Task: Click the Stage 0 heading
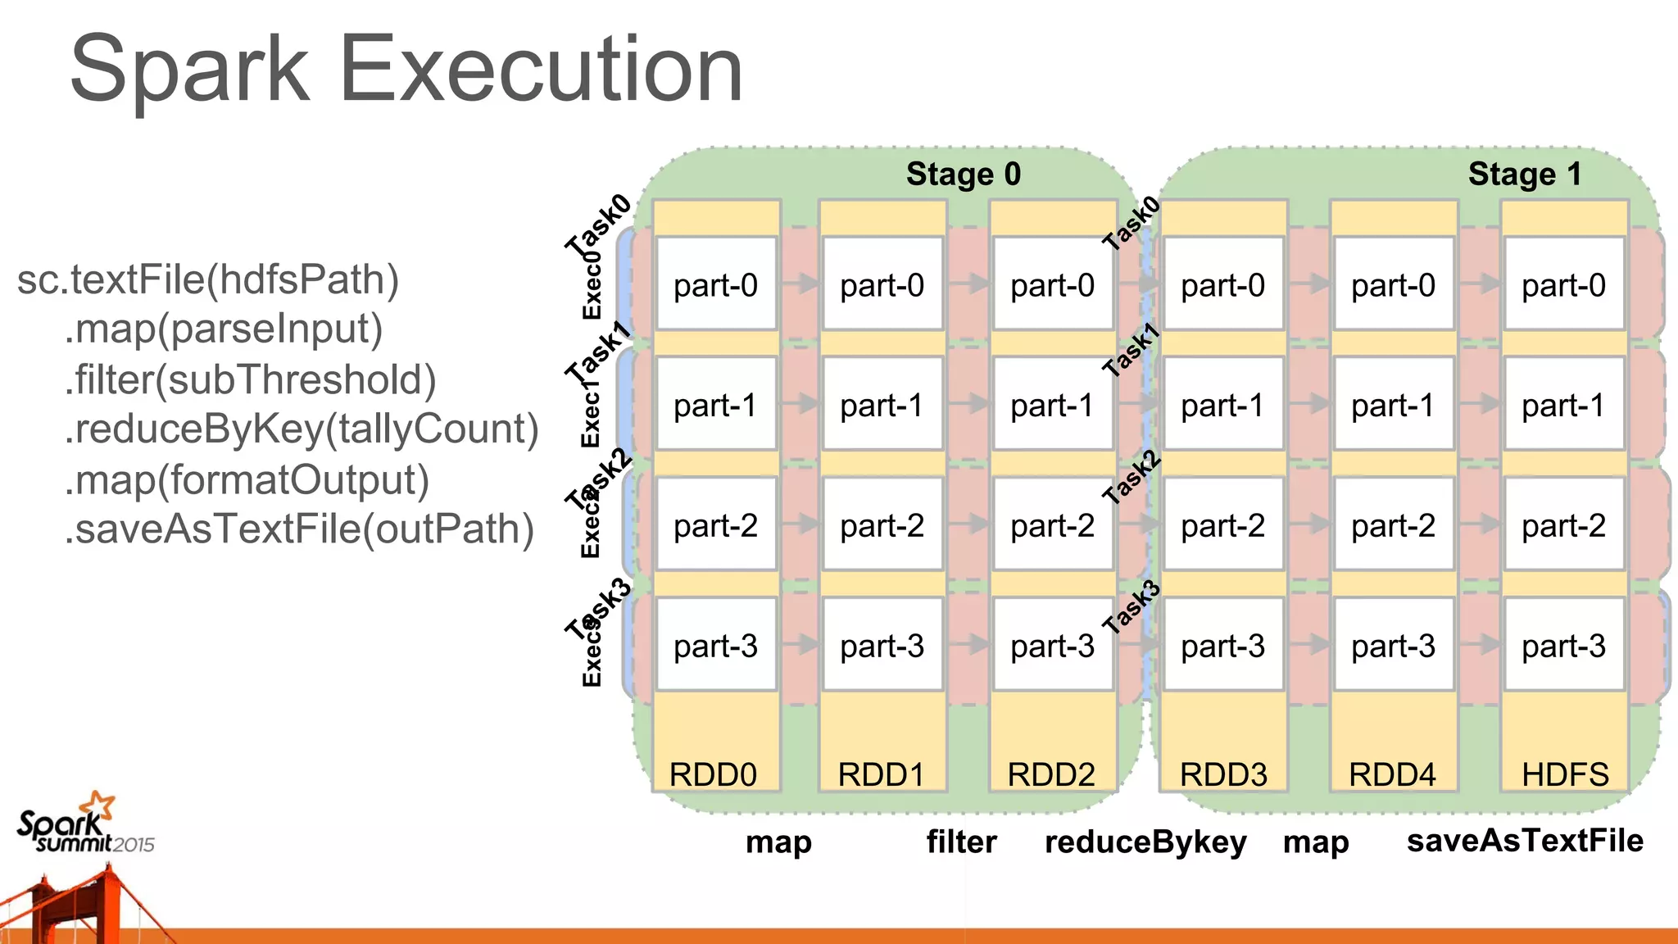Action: pyautogui.click(x=963, y=174)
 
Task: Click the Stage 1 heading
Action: pyautogui.click(x=1524, y=174)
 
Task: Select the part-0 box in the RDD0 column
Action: pyautogui.click(x=715, y=284)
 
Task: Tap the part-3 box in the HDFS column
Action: pyautogui.click(x=1563, y=646)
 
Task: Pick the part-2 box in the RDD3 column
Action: pyautogui.click(x=1222, y=525)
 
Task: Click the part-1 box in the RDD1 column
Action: pyautogui.click(x=882, y=405)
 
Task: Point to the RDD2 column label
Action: pyautogui.click(x=1051, y=774)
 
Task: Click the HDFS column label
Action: pyautogui.click(x=1565, y=774)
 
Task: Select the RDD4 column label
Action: pyautogui.click(x=1392, y=774)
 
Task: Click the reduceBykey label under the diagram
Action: pyautogui.click(x=1145, y=842)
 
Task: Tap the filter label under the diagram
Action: pyautogui.click(x=961, y=842)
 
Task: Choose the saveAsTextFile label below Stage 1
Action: pyautogui.click(x=1525, y=840)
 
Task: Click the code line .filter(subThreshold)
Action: pyautogui.click(x=250, y=379)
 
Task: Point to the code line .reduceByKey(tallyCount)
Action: pyautogui.click(x=302, y=429)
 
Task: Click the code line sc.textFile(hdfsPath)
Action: pyautogui.click(x=207, y=279)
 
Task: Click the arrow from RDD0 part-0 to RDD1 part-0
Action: pyautogui.click(x=800, y=284)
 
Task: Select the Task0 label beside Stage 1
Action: pyautogui.click(x=1131, y=223)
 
